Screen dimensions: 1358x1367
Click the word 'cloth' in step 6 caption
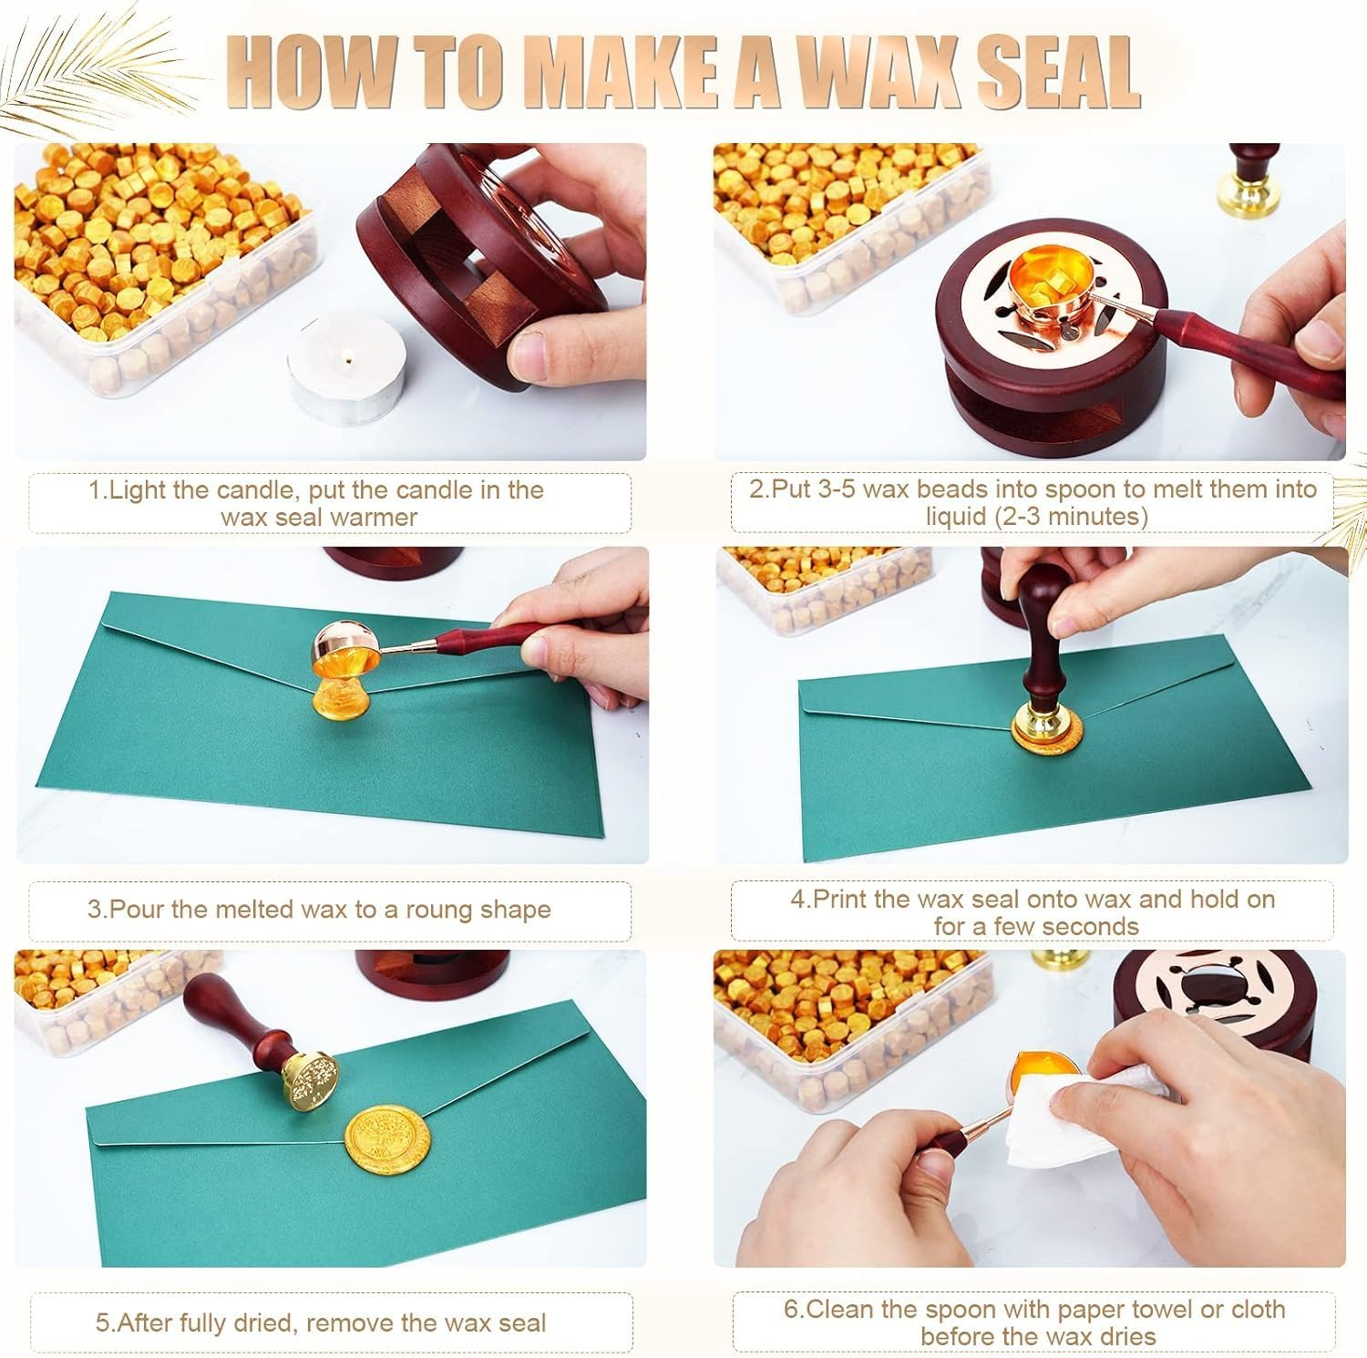coord(1258,1310)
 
